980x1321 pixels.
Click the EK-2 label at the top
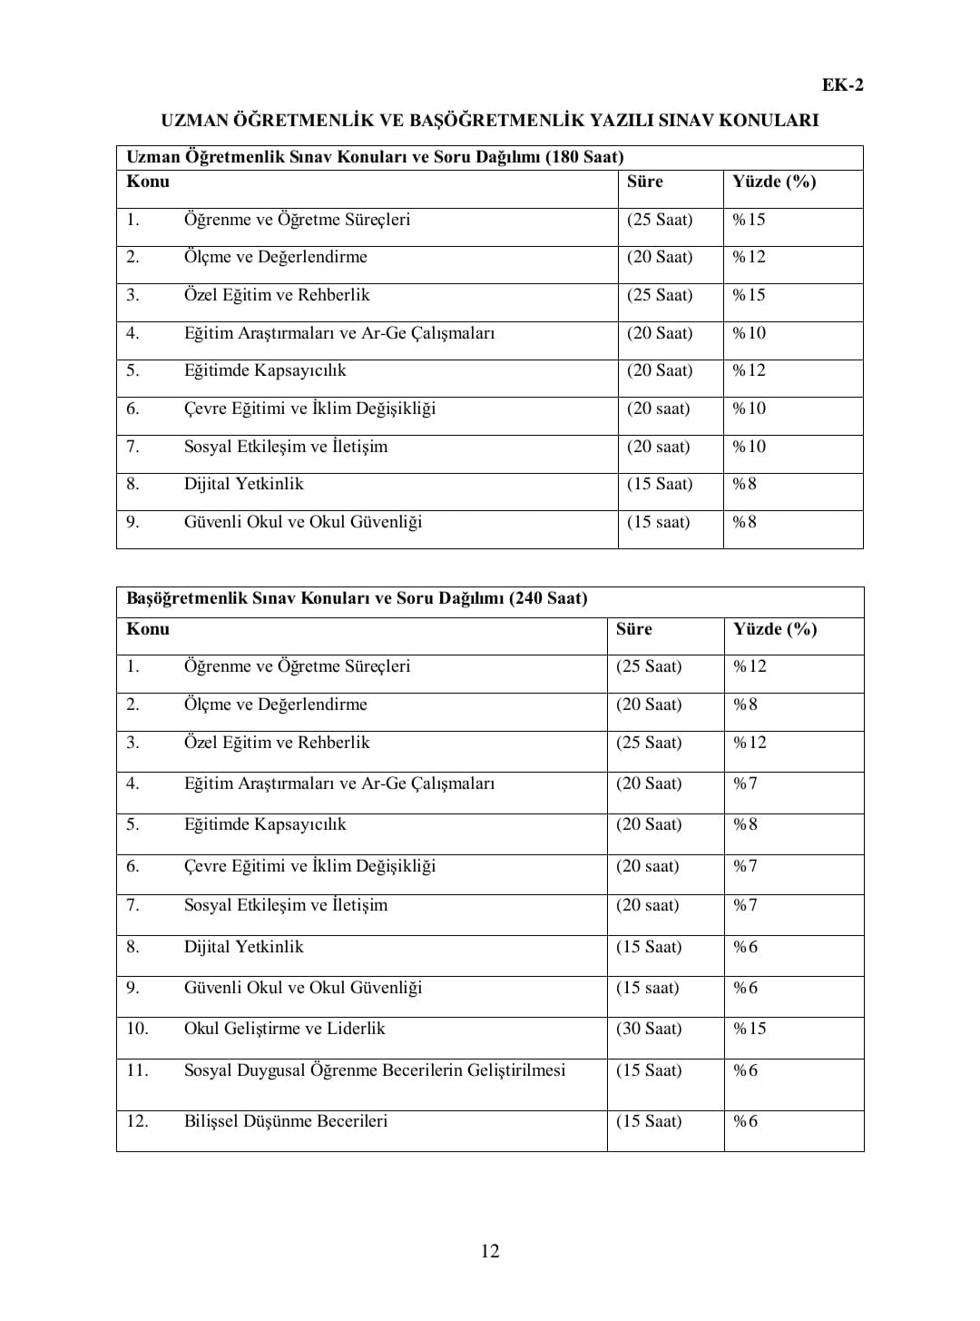point(842,85)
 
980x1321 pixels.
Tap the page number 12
point(490,1251)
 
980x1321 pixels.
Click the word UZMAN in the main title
point(194,120)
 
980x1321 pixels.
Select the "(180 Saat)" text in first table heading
point(584,157)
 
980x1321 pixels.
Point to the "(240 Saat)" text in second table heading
point(548,598)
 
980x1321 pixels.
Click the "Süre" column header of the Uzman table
point(644,182)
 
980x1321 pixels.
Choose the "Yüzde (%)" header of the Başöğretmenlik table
point(775,629)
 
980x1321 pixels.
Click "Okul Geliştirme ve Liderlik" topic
point(284,1029)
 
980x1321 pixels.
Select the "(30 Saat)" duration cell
point(648,1029)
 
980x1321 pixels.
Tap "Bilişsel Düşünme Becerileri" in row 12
point(285,1121)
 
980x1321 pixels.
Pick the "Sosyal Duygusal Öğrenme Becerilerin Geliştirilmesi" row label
point(374,1070)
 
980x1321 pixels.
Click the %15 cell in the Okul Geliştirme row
point(750,1029)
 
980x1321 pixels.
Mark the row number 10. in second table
point(137,1029)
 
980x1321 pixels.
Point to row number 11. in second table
point(137,1070)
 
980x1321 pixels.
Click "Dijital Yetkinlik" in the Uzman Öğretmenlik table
point(243,484)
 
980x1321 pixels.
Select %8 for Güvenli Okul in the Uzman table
point(744,522)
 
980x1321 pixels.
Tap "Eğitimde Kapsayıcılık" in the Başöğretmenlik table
point(265,824)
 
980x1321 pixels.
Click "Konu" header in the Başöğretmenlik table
point(148,629)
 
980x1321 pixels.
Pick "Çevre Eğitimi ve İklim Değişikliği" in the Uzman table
point(309,409)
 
